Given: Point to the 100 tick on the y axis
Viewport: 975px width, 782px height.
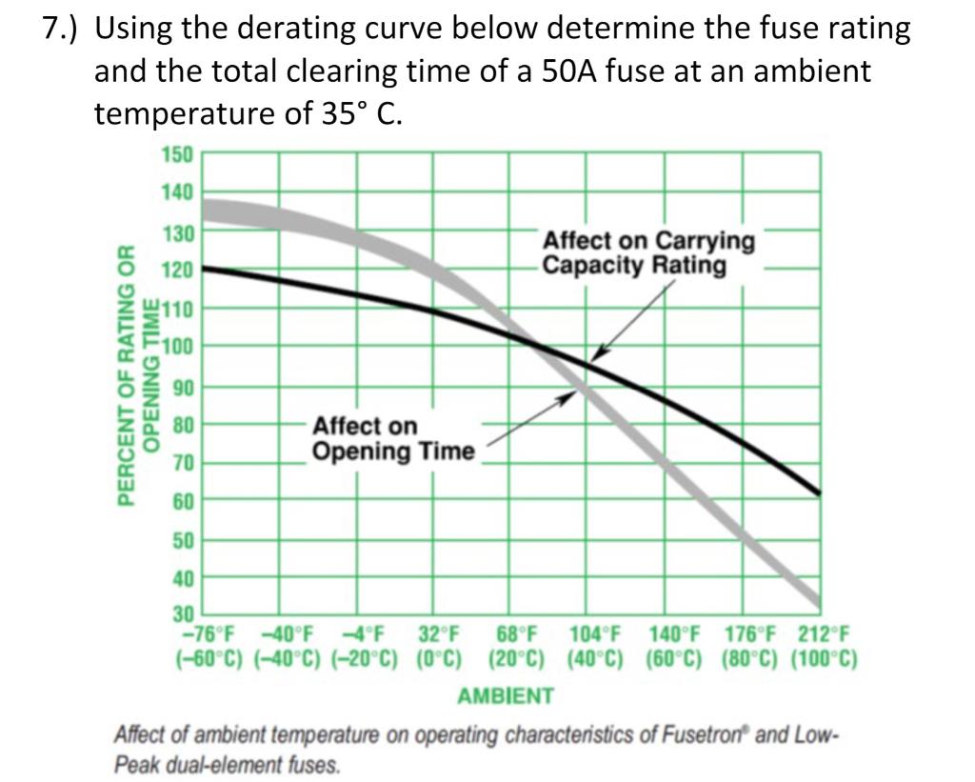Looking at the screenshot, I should click(x=180, y=346).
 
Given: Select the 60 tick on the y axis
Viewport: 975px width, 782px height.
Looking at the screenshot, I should click(x=182, y=501).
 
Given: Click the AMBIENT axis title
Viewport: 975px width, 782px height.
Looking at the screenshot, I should click(x=505, y=696).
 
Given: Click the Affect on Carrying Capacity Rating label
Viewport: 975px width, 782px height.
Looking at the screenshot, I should click(x=648, y=253).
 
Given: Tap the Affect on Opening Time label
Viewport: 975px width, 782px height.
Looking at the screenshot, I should click(x=392, y=438).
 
